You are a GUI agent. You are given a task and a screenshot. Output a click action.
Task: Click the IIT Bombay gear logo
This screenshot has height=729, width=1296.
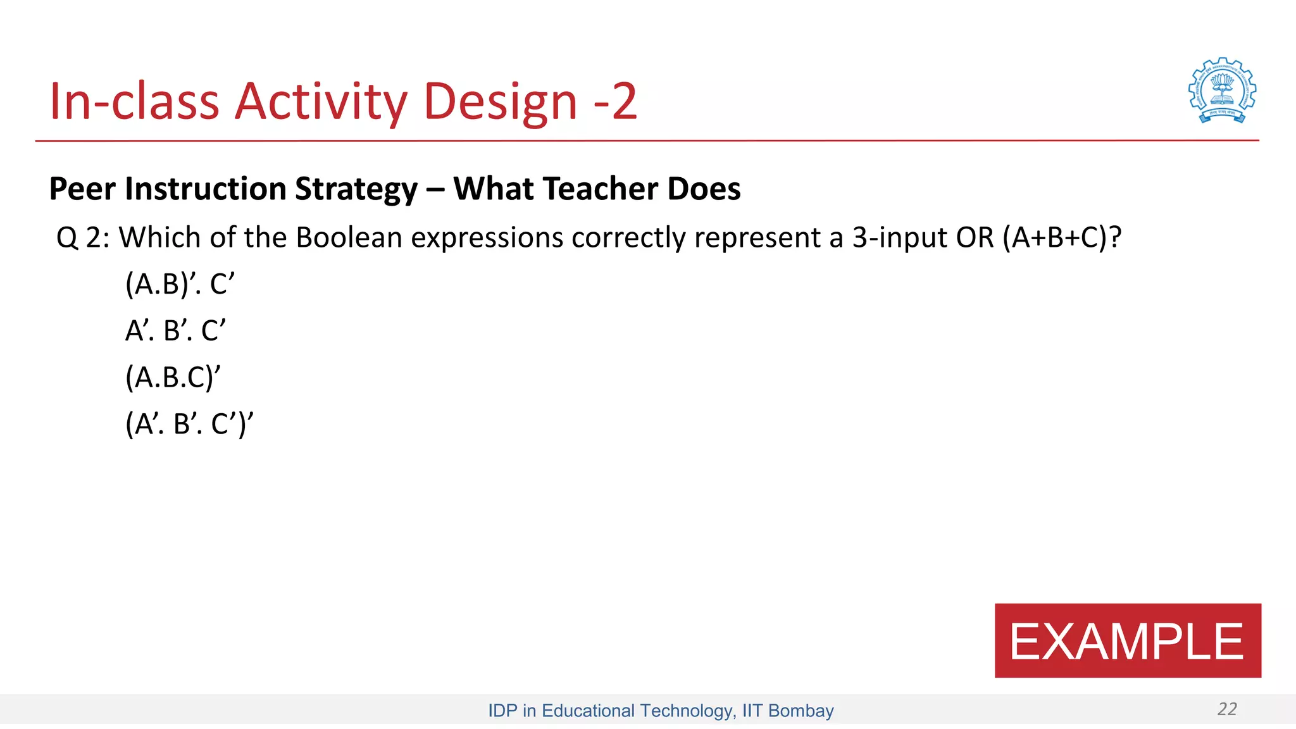pyautogui.click(x=1222, y=90)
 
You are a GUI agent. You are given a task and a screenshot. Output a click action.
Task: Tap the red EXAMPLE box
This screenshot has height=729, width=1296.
pyautogui.click(x=1127, y=640)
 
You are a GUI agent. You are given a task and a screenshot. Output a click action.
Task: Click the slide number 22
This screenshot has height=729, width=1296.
pyautogui.click(x=1226, y=709)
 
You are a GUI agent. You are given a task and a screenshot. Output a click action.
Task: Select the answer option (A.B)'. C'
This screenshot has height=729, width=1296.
pyautogui.click(x=180, y=283)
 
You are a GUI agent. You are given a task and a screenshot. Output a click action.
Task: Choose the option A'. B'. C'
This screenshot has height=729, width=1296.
pyautogui.click(x=175, y=330)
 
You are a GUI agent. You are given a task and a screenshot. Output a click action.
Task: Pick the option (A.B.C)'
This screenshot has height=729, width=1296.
pyautogui.click(x=173, y=377)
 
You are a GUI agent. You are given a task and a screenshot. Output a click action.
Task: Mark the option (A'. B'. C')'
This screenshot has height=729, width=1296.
pyautogui.click(x=189, y=424)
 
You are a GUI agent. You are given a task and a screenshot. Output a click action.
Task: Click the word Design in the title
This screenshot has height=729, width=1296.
pyautogui.click(x=500, y=101)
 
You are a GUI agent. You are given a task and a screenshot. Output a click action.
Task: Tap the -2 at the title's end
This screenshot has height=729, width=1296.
pyautogui.click(x=615, y=101)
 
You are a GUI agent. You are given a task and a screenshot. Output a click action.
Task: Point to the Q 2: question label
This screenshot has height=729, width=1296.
pyautogui.click(x=83, y=238)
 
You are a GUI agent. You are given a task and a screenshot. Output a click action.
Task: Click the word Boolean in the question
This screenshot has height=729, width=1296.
pyautogui.click(x=349, y=238)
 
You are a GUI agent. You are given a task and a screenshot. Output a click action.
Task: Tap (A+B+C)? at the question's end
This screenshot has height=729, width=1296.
pyautogui.click(x=1062, y=238)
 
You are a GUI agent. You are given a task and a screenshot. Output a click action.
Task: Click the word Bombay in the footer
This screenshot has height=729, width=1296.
pyautogui.click(x=801, y=711)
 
